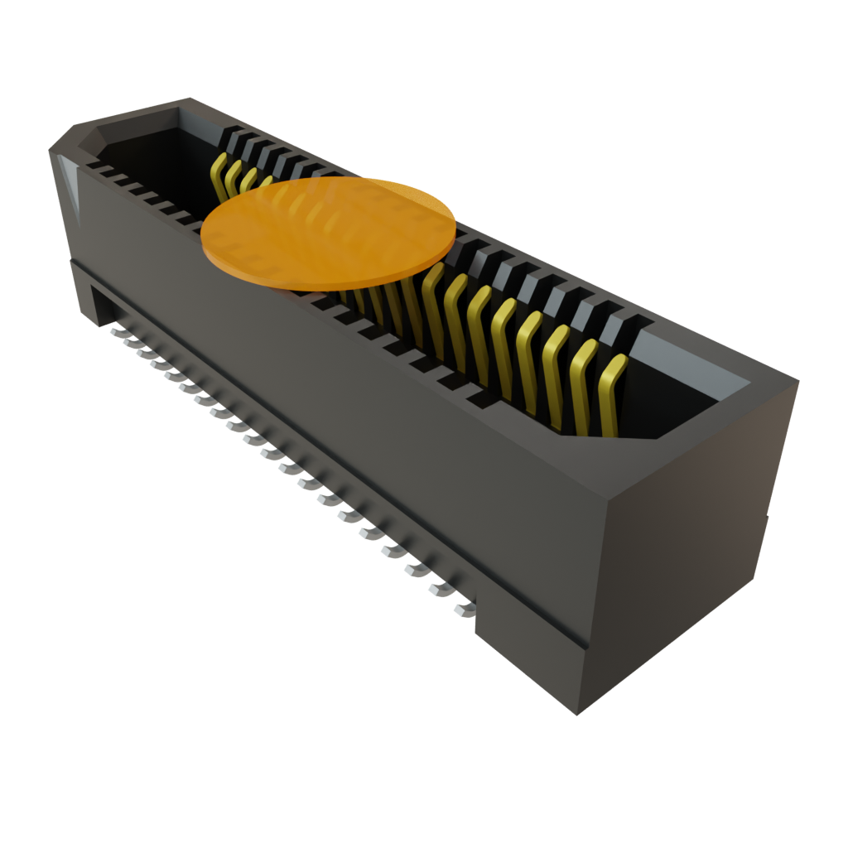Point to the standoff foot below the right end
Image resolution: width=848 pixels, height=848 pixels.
click(530, 662)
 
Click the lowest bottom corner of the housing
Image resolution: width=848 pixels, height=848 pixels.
click(577, 713)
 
